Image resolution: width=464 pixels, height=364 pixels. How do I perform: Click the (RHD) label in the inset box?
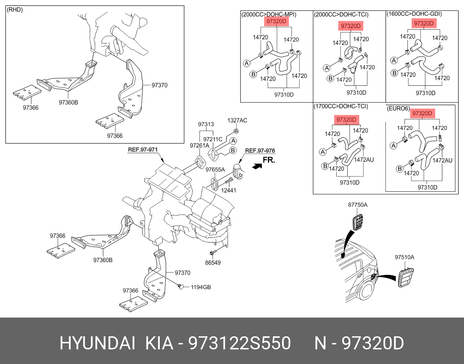coord(15,10)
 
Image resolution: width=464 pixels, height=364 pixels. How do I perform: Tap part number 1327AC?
coord(237,121)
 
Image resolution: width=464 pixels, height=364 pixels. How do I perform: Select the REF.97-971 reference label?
coord(143,150)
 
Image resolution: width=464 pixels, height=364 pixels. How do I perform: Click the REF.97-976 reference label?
coord(260,151)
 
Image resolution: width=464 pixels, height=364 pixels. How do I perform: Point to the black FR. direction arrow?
coord(257,166)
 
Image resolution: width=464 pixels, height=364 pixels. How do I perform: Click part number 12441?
coord(229,190)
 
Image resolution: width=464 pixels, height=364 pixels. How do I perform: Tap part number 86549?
coord(213,263)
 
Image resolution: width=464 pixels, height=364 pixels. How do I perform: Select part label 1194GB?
coord(201,287)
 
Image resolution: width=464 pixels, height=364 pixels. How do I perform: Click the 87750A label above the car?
coord(358,205)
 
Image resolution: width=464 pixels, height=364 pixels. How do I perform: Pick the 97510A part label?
coord(405,257)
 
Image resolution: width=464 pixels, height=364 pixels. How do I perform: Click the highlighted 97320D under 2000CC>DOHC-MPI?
coord(276,22)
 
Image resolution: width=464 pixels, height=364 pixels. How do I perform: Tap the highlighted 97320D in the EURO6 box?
coord(422,113)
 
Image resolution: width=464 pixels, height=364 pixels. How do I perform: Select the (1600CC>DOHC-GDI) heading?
coord(414,14)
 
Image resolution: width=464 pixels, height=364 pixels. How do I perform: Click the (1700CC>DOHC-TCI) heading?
coord(341,106)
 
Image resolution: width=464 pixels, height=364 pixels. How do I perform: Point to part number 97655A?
coord(215,170)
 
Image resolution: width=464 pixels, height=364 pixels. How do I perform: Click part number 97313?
coord(206,124)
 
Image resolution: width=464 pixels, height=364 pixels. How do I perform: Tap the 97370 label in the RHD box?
coord(159,85)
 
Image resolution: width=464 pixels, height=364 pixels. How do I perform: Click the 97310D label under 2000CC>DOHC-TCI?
coord(356,93)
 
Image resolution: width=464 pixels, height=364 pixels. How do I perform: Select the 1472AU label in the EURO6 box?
coord(442,161)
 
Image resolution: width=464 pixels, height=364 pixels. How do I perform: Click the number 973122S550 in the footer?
coord(239,343)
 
